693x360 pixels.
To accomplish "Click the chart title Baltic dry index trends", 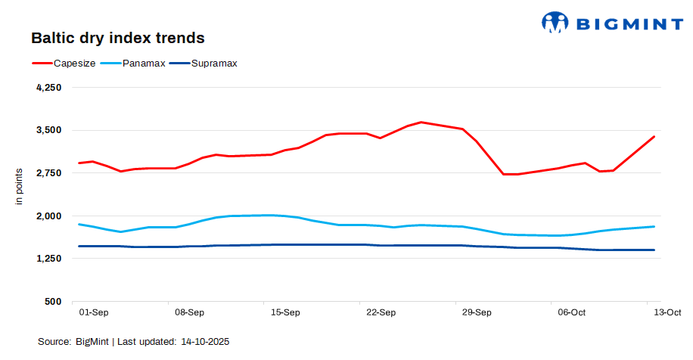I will click(x=117, y=37).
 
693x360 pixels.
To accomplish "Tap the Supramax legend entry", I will click(x=214, y=64).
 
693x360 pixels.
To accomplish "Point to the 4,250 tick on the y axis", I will click(x=48, y=88).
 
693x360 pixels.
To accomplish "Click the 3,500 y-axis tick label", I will click(x=48, y=130).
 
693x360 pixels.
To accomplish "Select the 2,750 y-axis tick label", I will click(x=48, y=173).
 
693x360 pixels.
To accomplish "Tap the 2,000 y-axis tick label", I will click(x=48, y=216).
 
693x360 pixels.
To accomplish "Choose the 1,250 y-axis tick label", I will click(x=48, y=259).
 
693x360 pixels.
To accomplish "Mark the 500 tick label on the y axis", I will click(x=52, y=302).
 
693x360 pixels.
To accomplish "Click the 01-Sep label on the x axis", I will click(x=93, y=312).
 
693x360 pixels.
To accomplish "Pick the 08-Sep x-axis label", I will click(x=189, y=312).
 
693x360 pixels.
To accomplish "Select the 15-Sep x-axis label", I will click(x=285, y=312).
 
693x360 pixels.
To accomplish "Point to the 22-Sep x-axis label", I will click(x=381, y=312).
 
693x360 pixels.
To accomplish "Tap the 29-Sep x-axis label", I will click(x=477, y=312).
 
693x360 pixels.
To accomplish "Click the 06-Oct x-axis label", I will click(x=572, y=312).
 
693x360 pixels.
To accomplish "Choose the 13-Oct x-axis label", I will click(x=667, y=312).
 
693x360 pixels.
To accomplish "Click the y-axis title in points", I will click(x=20, y=186).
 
